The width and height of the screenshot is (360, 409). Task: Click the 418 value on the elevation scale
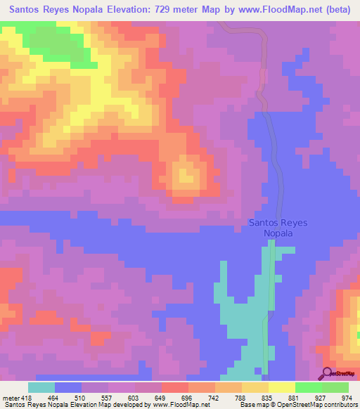coord(26,398)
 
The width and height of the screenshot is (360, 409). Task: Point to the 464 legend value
coord(55,398)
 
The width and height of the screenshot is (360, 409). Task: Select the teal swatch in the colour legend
coord(41,387)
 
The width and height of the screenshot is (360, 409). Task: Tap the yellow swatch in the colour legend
coord(281,387)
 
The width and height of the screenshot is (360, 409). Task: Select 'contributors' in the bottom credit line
coord(338,405)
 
